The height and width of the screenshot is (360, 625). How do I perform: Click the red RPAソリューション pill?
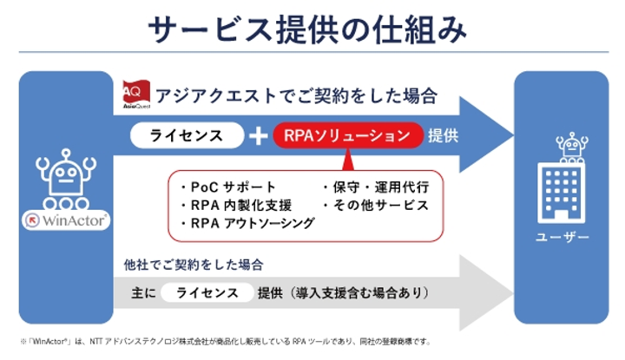click(347, 135)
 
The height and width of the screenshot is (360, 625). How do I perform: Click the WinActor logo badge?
click(66, 220)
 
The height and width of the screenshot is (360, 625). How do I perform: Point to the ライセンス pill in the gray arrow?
click(207, 293)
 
